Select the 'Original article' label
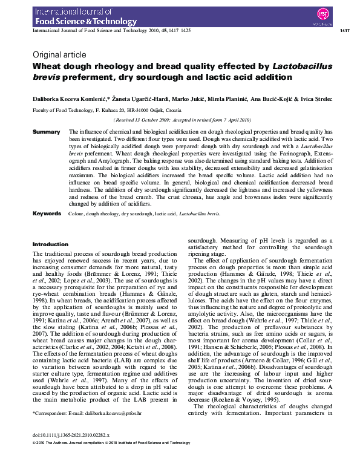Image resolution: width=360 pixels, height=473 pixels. [x=59, y=54]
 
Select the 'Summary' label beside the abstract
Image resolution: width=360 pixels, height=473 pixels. [x=46, y=131]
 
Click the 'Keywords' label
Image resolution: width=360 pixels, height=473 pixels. [x=47, y=214]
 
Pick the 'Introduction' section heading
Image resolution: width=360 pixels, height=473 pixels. [x=50, y=244]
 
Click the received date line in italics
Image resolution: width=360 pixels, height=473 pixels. [x=183, y=120]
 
